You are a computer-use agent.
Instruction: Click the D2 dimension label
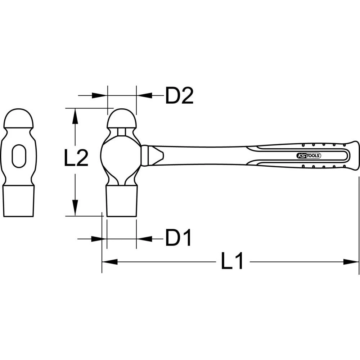tap(179, 96)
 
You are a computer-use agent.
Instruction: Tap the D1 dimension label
tap(178, 238)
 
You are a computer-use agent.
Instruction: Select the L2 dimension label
tap(76, 159)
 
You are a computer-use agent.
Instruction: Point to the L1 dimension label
tap(232, 262)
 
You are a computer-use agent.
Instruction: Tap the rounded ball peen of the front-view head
tap(19, 119)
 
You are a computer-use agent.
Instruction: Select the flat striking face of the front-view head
tap(19, 202)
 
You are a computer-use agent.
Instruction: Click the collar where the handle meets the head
tap(145, 156)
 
